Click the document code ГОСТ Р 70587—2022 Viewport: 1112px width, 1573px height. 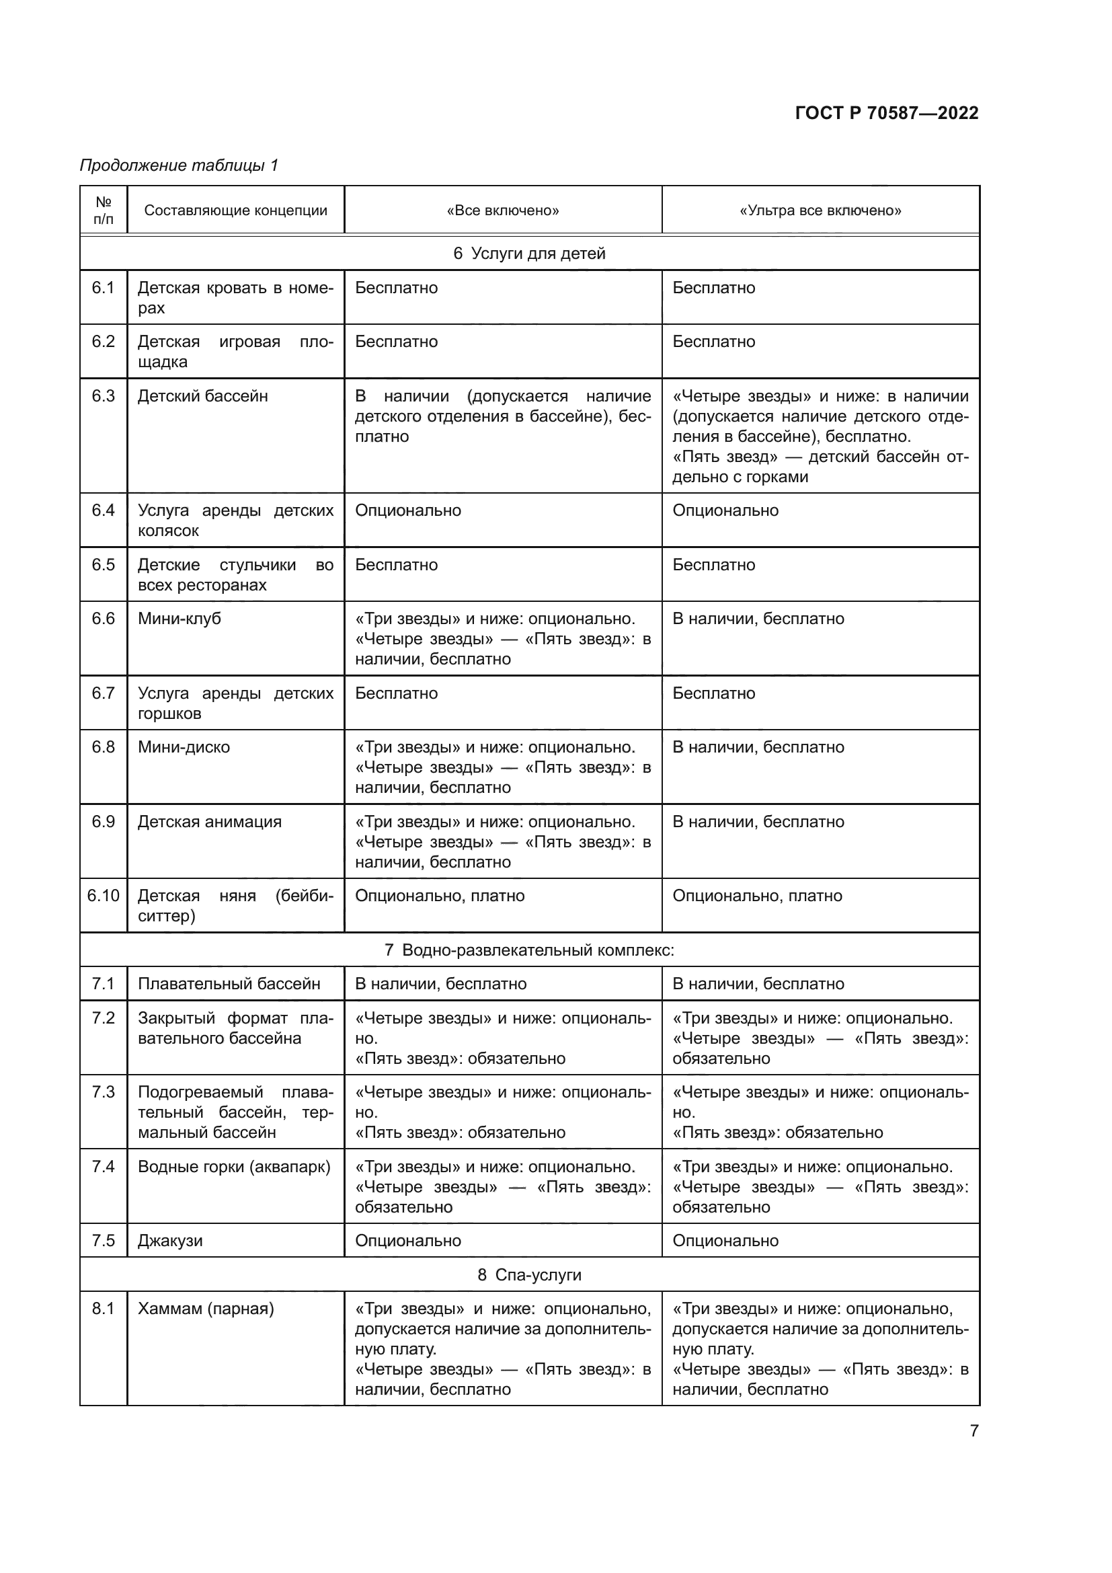(x=886, y=113)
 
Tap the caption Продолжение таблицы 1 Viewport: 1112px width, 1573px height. (x=179, y=165)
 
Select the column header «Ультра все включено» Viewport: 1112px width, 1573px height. (x=820, y=210)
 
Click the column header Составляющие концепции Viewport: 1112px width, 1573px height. (x=235, y=210)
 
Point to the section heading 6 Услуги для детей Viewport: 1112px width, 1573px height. (x=529, y=254)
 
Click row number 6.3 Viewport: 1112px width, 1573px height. (x=104, y=396)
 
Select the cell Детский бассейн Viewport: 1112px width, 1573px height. (x=202, y=396)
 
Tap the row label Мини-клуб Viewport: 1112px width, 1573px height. (x=180, y=619)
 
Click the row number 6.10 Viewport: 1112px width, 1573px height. (x=104, y=895)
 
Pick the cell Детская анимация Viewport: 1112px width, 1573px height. (x=210, y=821)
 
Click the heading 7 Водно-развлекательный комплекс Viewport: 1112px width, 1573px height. (x=529, y=950)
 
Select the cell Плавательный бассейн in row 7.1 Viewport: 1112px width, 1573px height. (x=229, y=984)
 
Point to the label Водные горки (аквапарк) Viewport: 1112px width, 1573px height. (x=233, y=1167)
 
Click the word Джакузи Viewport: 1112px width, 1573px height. (x=170, y=1241)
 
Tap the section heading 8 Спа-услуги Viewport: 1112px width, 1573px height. (x=529, y=1275)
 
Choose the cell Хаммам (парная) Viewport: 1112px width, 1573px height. (x=206, y=1309)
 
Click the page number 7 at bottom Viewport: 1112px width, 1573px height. (x=974, y=1431)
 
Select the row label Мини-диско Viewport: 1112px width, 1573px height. (x=184, y=746)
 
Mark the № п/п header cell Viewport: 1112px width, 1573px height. (x=104, y=210)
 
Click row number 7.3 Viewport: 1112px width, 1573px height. (x=104, y=1092)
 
